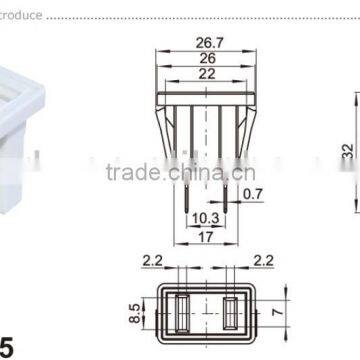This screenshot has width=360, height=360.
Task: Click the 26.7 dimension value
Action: pyautogui.click(x=210, y=44)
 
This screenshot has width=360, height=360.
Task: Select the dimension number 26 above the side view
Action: pyautogui.click(x=209, y=58)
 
